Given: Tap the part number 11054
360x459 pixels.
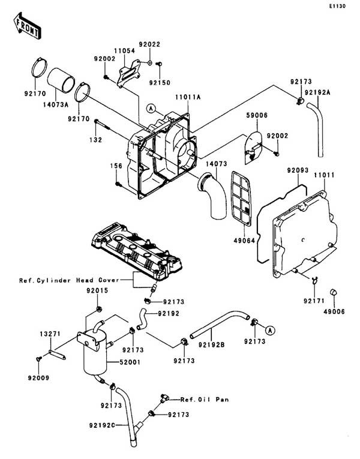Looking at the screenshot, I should click(123, 52).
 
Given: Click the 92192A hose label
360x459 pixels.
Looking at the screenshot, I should click(317, 92).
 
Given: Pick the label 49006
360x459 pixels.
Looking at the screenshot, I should click(335, 311).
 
